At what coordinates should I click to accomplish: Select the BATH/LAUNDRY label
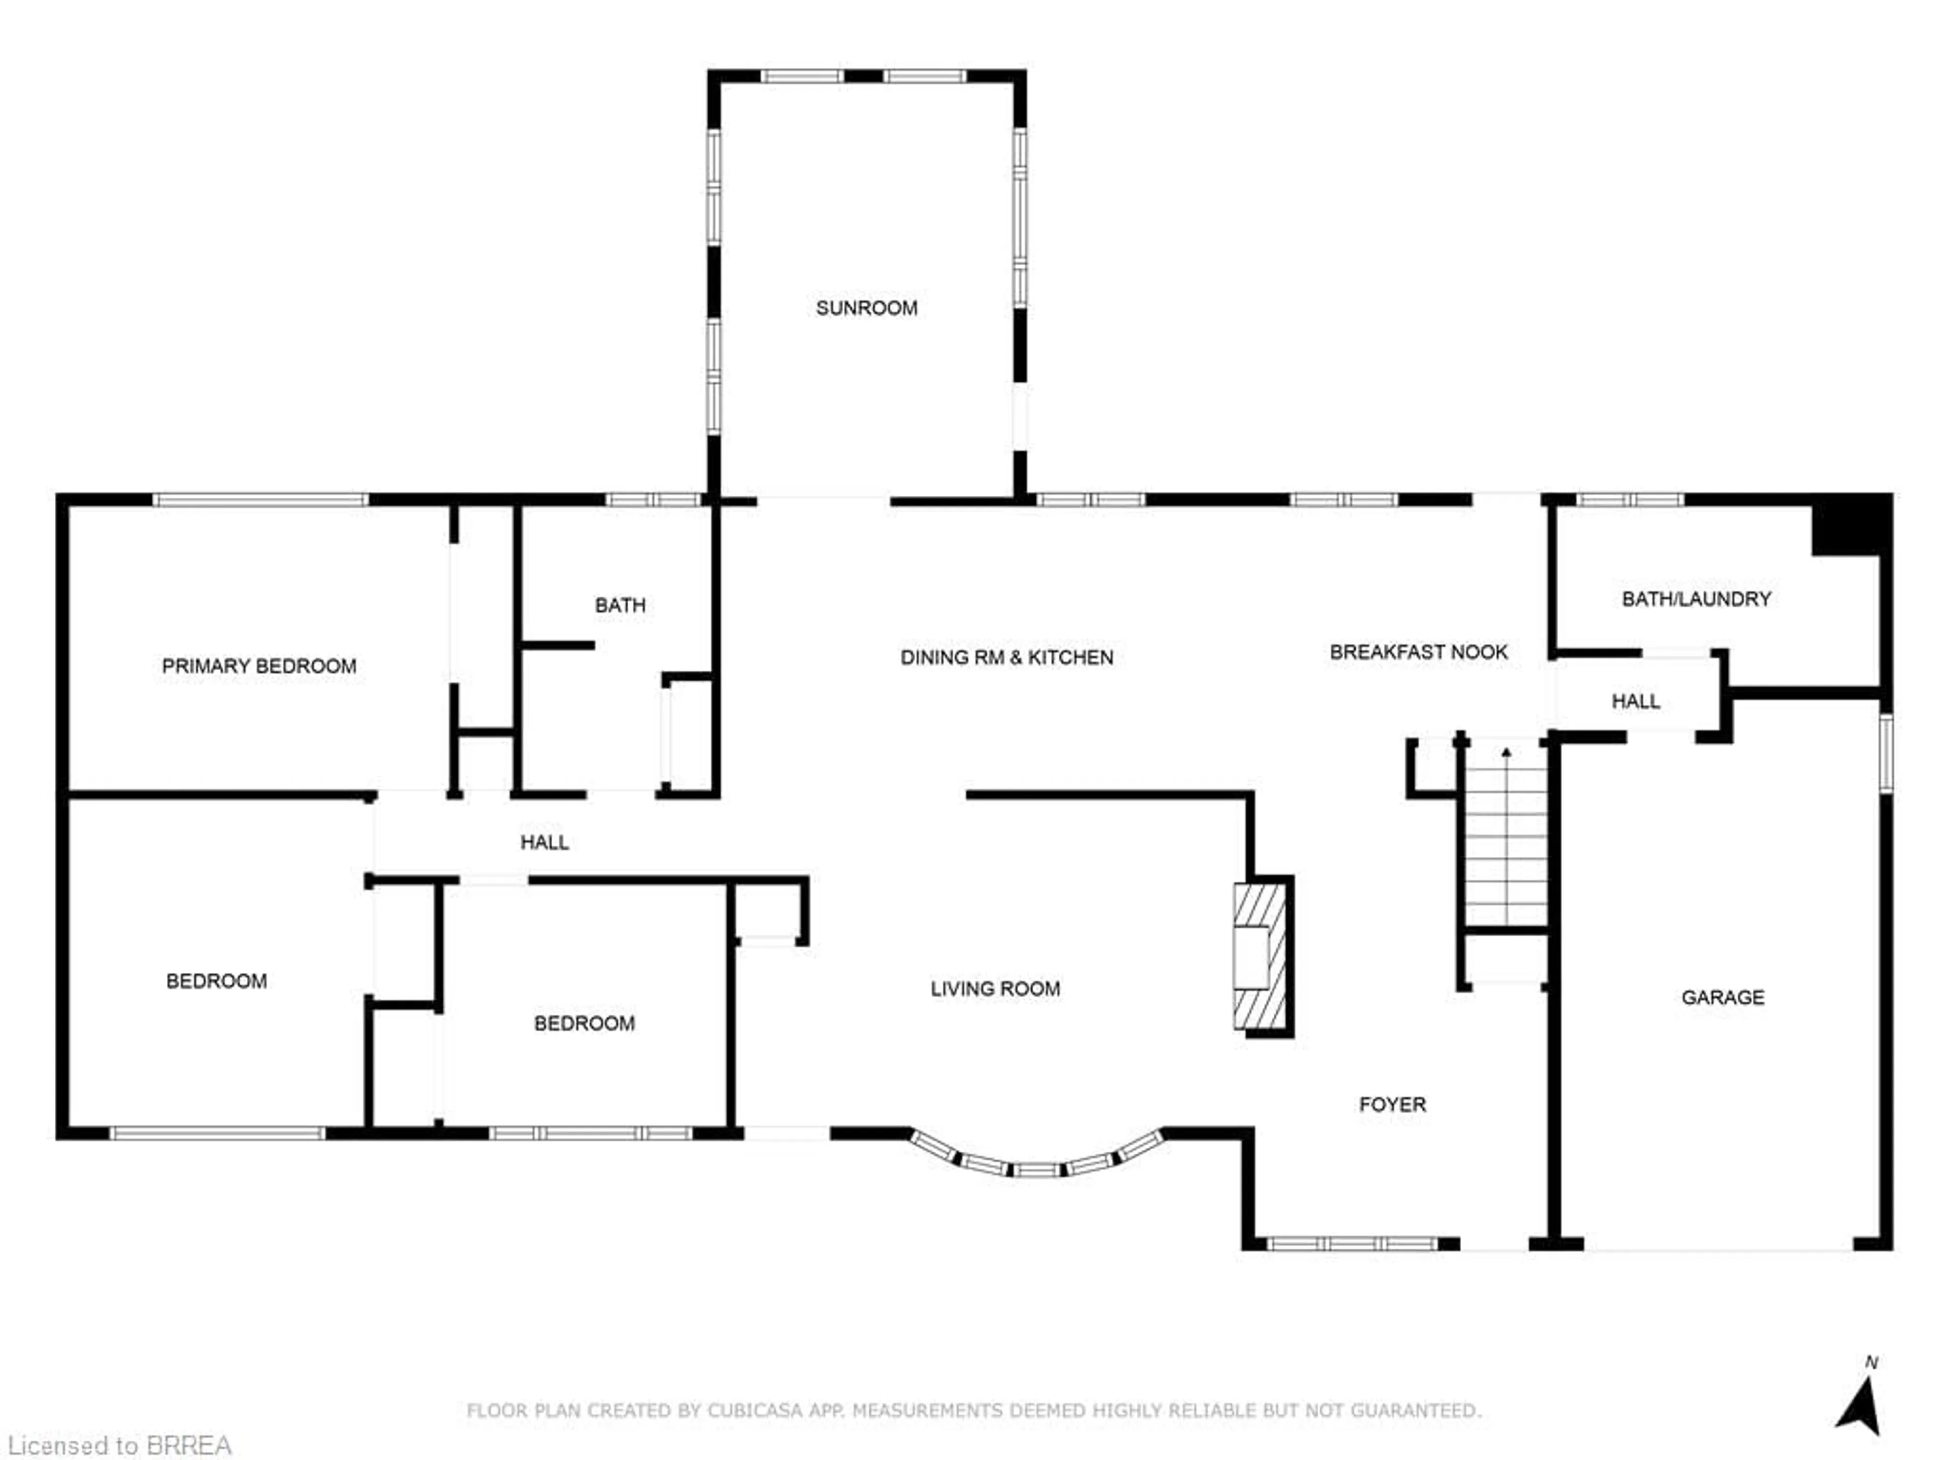(1696, 599)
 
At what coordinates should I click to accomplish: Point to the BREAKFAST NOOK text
(1418, 652)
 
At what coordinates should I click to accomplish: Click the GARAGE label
(1722, 997)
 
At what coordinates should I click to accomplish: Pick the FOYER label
(1392, 1105)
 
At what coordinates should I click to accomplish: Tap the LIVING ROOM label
(995, 989)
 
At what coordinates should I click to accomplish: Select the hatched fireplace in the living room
(1260, 957)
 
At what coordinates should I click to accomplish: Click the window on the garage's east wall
(1885, 752)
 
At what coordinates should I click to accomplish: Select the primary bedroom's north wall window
(261, 500)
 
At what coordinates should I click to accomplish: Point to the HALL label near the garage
(1635, 702)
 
